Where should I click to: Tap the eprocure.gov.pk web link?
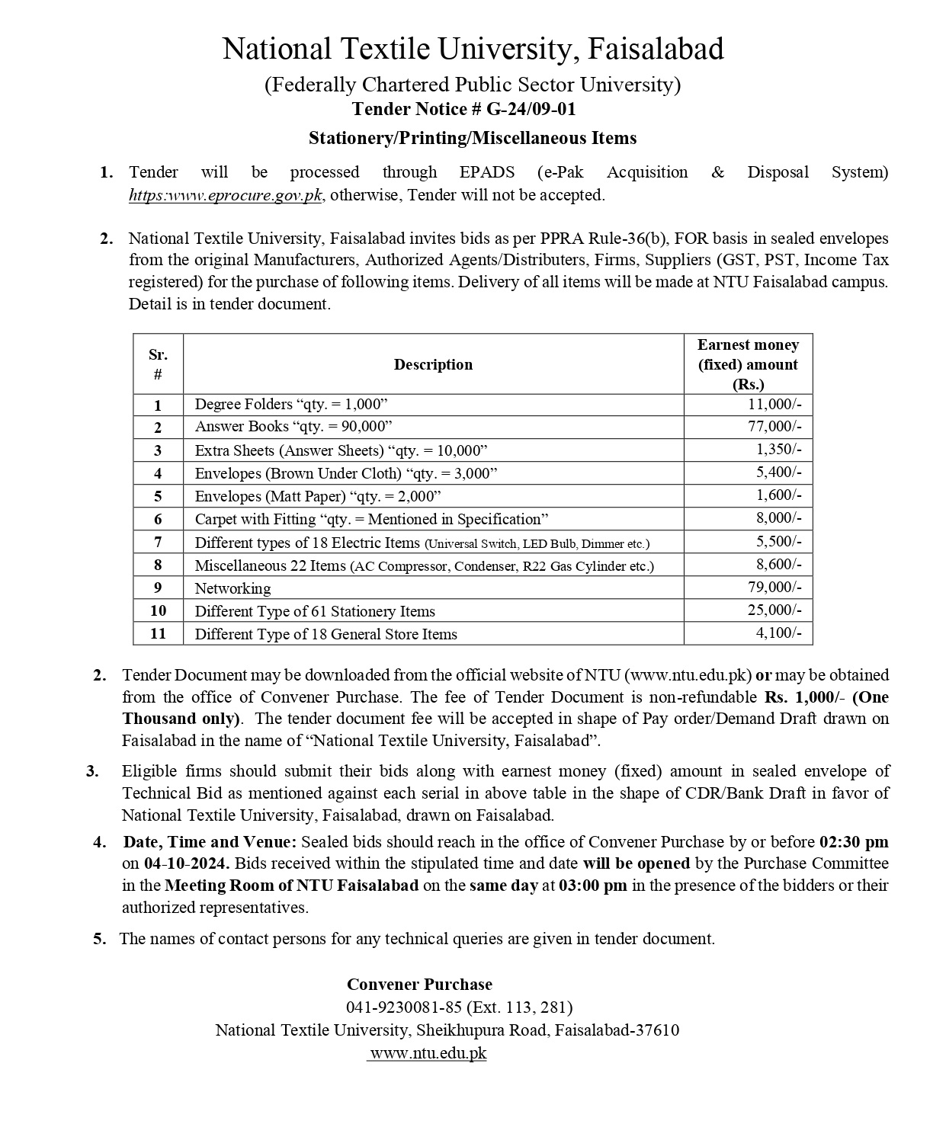pyautogui.click(x=226, y=195)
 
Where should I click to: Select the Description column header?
pyautogui.click(x=433, y=364)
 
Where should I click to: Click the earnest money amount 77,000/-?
pyautogui.click(x=774, y=427)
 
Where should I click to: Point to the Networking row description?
pyautogui.click(x=232, y=588)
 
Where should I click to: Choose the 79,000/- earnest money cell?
pyautogui.click(x=774, y=588)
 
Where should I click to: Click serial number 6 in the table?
pyautogui.click(x=158, y=520)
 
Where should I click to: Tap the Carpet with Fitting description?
pyautogui.click(x=371, y=520)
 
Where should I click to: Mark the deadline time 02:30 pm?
pyautogui.click(x=854, y=842)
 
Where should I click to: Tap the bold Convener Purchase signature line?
pyautogui.click(x=419, y=985)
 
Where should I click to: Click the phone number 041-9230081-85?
pyautogui.click(x=404, y=1007)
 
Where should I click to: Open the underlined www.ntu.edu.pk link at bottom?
pyautogui.click(x=428, y=1053)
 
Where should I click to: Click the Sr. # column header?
pyautogui.click(x=158, y=364)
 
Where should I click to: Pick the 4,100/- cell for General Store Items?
pyautogui.click(x=778, y=633)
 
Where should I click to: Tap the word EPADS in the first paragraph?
pyautogui.click(x=487, y=172)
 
